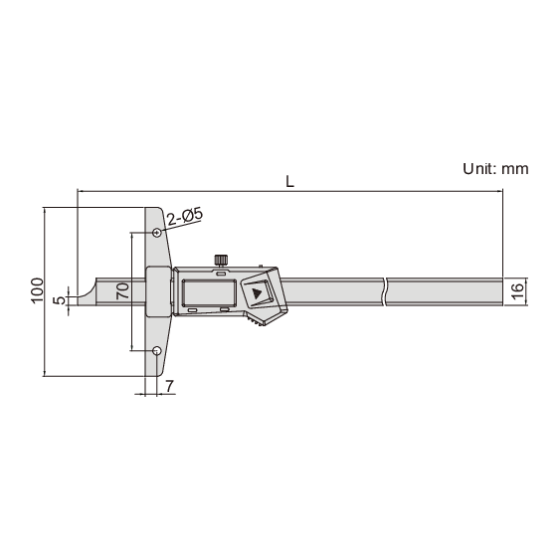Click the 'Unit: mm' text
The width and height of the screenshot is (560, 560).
pos(494,169)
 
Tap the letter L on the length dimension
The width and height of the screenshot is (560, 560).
pos(288,181)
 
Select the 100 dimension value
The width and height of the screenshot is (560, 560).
pos(37,291)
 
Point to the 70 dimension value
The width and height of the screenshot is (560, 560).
pos(122,291)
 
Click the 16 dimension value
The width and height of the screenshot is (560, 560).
pos(516,290)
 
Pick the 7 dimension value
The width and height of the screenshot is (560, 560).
pos(169,385)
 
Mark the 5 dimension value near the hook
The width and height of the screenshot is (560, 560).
pos(60,298)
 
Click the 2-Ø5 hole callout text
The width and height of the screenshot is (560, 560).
pos(186,215)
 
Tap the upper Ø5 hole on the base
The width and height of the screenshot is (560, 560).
pos(157,233)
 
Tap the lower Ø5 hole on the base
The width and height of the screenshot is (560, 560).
pos(157,350)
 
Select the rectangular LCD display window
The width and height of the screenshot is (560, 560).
pos(207,293)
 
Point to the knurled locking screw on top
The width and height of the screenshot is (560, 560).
pos(220,261)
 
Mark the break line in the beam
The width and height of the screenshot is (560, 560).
pos(383,290)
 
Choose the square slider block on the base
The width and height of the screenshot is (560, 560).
pos(159,291)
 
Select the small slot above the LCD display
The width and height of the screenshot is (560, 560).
pos(221,272)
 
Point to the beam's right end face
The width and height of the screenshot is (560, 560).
pos(502,290)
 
